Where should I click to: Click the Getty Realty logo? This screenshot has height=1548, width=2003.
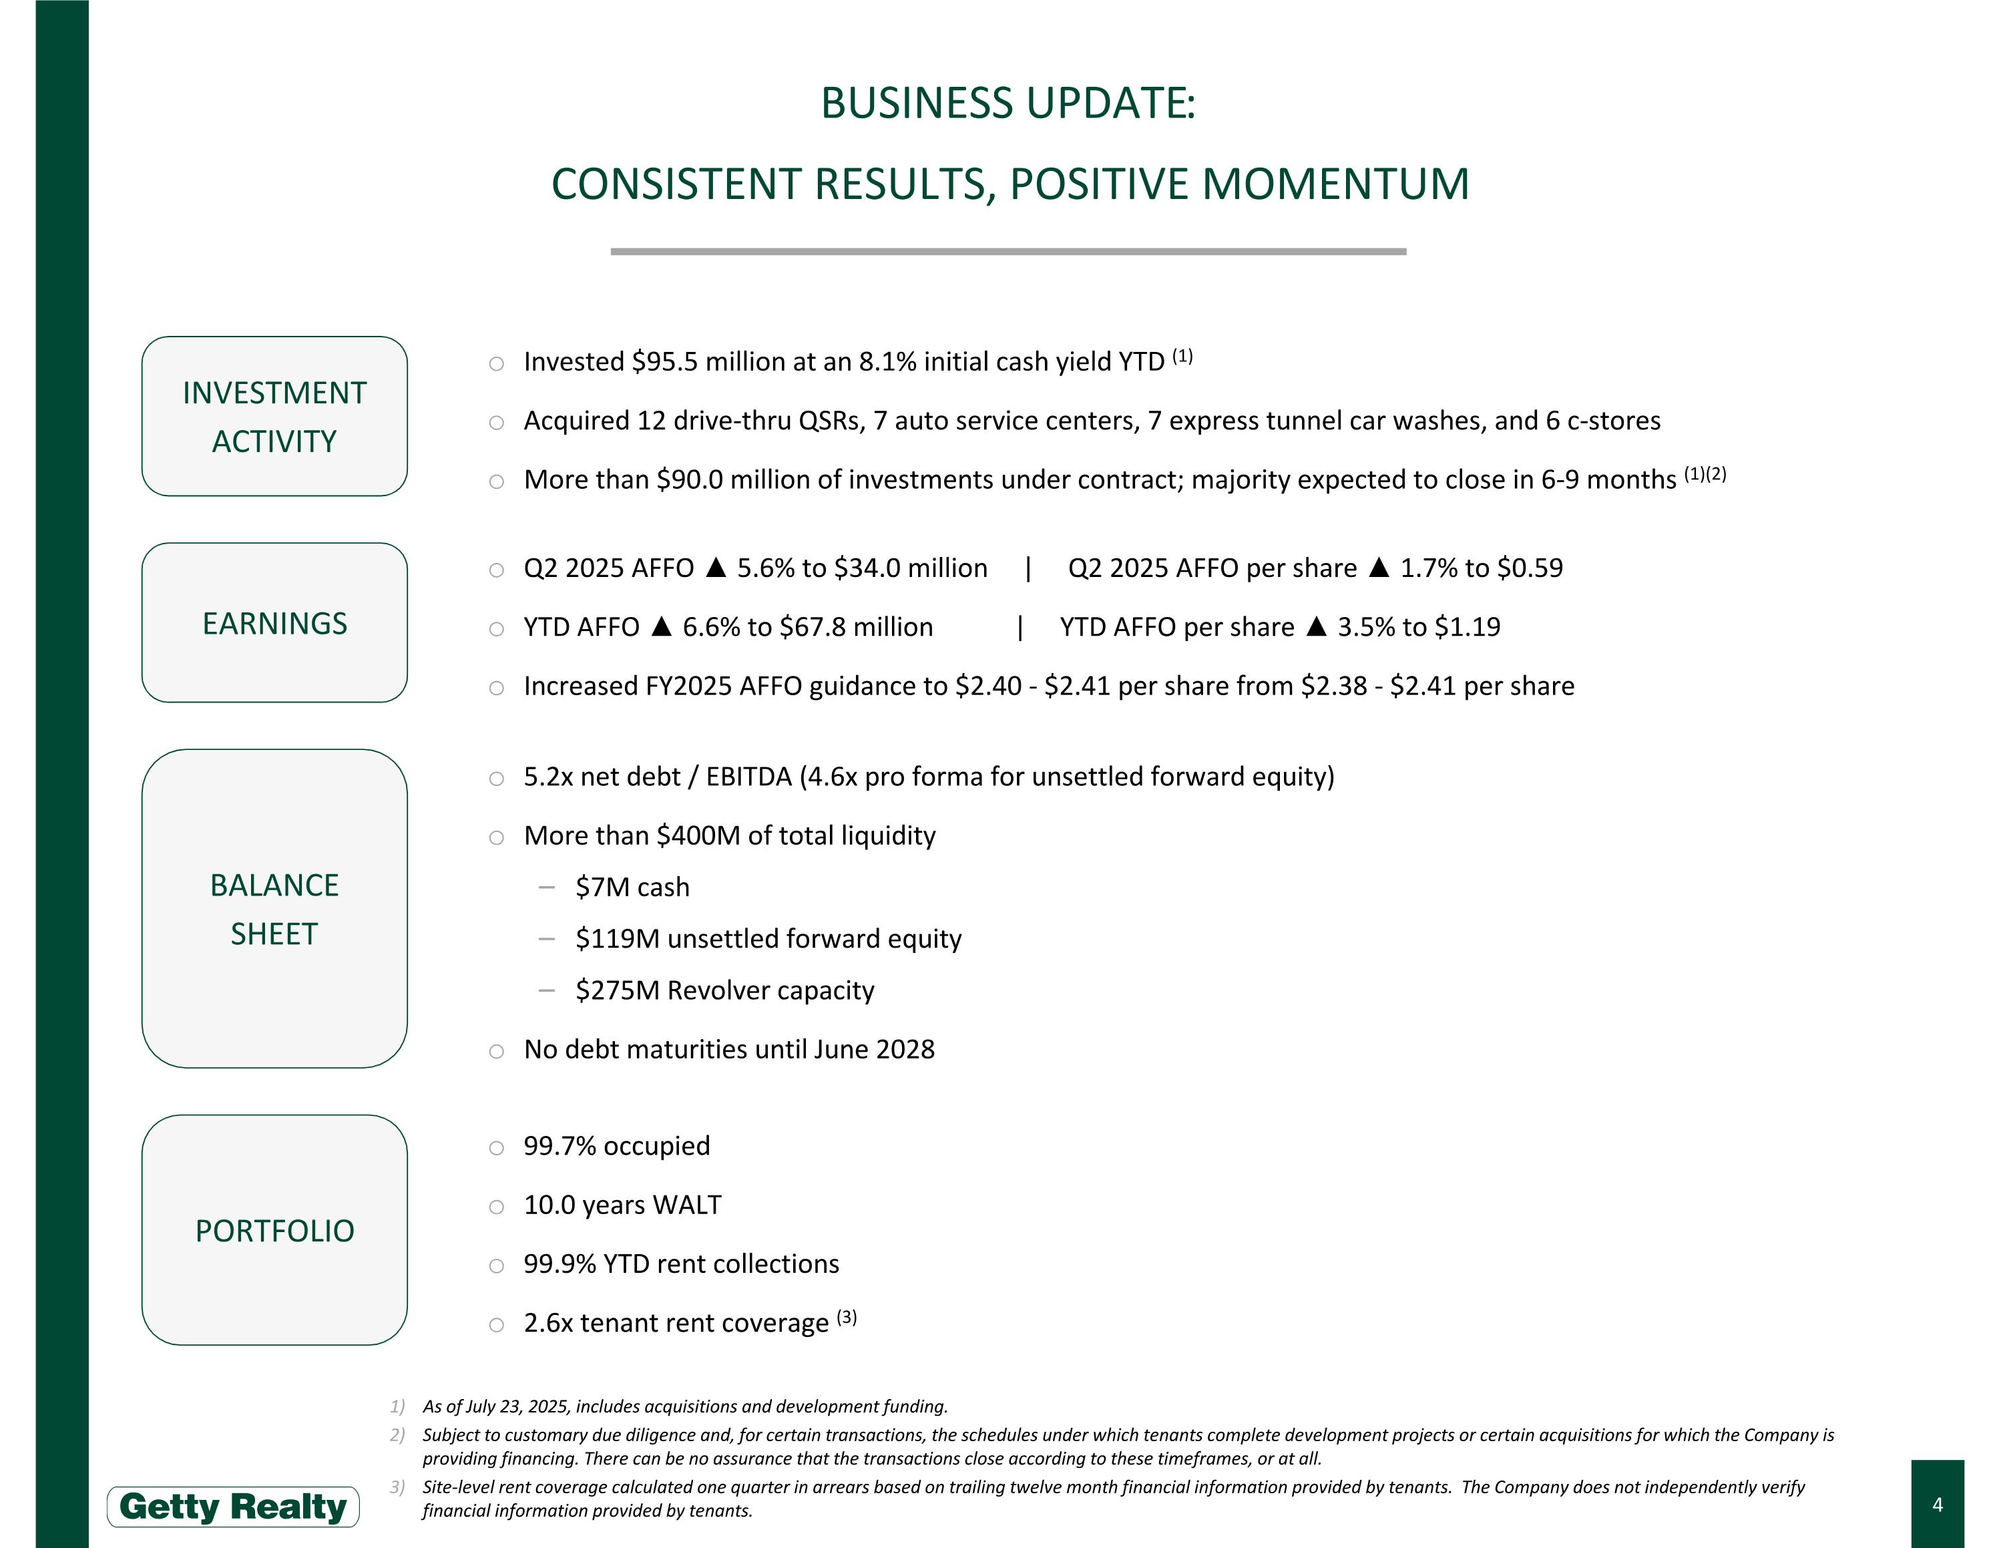click(x=233, y=1507)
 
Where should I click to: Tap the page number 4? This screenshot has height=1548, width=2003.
click(x=1937, y=1504)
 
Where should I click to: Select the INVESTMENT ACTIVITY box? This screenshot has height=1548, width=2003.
click(x=274, y=416)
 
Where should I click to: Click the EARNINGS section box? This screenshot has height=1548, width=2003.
click(x=274, y=622)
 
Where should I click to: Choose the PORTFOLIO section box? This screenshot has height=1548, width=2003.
click(x=274, y=1229)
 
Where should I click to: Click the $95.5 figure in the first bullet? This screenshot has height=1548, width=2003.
click(x=664, y=362)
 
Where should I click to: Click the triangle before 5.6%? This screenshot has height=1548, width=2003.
click(x=716, y=568)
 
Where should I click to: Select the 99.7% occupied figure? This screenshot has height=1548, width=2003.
click(x=560, y=1147)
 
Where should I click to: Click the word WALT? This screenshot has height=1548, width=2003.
click(x=687, y=1205)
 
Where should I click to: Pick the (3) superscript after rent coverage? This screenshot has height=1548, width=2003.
click(x=847, y=1318)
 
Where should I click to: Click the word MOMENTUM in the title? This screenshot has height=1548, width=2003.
click(x=1335, y=184)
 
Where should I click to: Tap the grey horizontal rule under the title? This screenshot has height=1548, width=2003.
click(x=1008, y=251)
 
